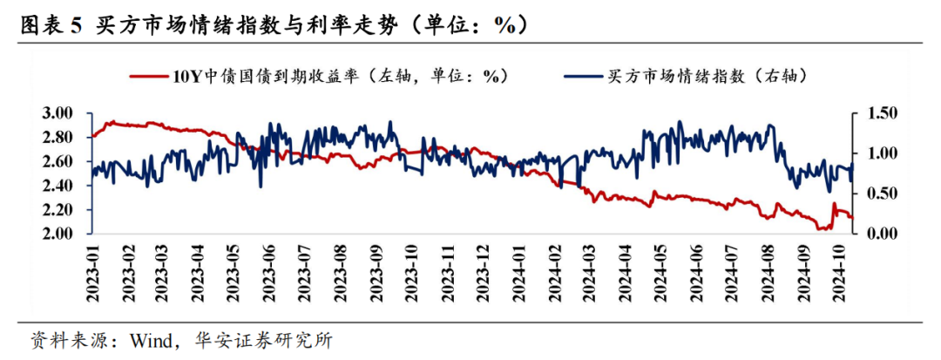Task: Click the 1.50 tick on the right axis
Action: [x=880, y=113]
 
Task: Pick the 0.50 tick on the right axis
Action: [x=880, y=194]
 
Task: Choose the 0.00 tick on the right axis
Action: [x=880, y=234]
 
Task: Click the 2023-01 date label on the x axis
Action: [x=93, y=272]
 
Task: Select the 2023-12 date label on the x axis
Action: [x=482, y=272]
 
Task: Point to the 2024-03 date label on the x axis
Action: [x=589, y=272]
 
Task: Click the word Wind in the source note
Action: [x=150, y=338]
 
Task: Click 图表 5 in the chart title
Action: [x=50, y=24]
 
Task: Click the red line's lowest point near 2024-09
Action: [x=822, y=229]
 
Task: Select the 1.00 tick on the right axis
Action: [x=880, y=153]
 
